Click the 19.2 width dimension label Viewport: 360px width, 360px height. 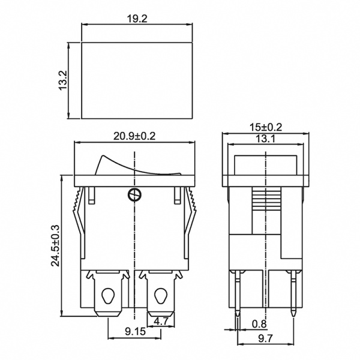tap(137, 19)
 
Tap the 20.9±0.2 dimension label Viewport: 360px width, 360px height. tap(134, 136)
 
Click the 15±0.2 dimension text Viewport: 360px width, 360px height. tap(265, 127)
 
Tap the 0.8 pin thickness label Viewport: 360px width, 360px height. tap(260, 325)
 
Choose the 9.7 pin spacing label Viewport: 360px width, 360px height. tap(266, 340)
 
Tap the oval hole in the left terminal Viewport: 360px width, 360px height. tap(109, 296)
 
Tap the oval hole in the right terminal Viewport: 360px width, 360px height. tap(161, 296)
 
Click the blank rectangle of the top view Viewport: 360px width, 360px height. tap(137, 80)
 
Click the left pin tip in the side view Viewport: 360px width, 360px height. tap(238, 314)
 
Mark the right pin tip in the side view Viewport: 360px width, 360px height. tap(292, 314)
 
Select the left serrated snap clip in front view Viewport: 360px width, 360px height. tap(78, 204)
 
